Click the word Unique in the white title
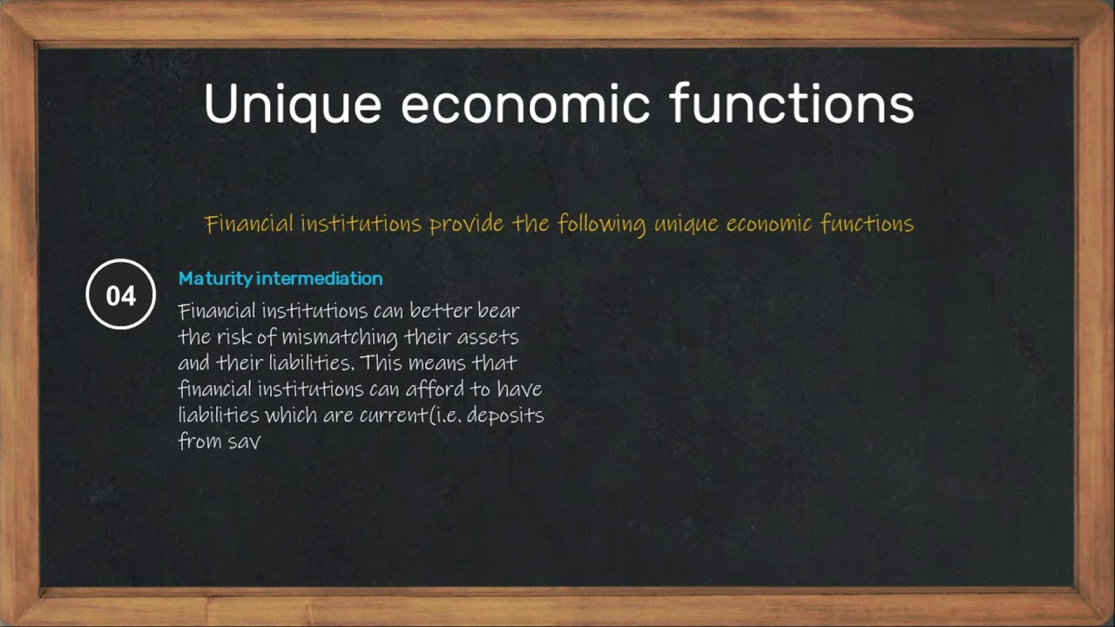(x=293, y=104)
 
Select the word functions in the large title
(x=792, y=104)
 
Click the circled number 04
(x=121, y=295)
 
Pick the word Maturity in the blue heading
(x=215, y=279)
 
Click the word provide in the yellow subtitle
(x=467, y=225)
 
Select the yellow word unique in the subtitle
(x=686, y=225)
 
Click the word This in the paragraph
(x=376, y=362)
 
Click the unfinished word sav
(x=246, y=441)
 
